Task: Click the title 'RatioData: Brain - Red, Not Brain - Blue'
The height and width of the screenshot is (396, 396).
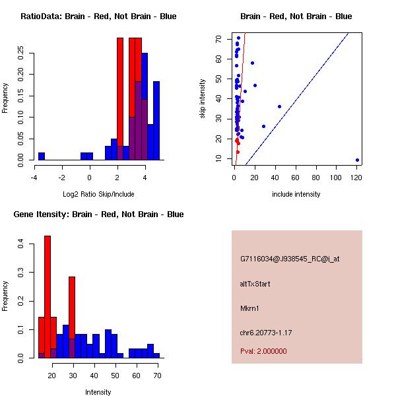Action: tap(98, 16)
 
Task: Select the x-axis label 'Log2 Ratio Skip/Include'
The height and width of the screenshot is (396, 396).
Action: tap(98, 194)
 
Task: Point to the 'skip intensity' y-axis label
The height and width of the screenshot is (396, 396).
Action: tap(203, 99)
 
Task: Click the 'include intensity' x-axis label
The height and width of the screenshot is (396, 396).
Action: tap(296, 194)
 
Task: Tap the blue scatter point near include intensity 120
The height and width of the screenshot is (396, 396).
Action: tap(357, 160)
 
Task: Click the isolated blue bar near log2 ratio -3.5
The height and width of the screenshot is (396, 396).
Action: tap(42, 156)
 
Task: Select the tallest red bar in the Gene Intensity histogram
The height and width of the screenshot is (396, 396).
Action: tap(48, 297)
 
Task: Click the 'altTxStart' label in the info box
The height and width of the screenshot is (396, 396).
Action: tap(255, 284)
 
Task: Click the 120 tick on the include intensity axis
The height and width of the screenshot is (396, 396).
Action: tap(357, 177)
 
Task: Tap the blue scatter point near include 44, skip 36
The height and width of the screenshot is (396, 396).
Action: tap(279, 106)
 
